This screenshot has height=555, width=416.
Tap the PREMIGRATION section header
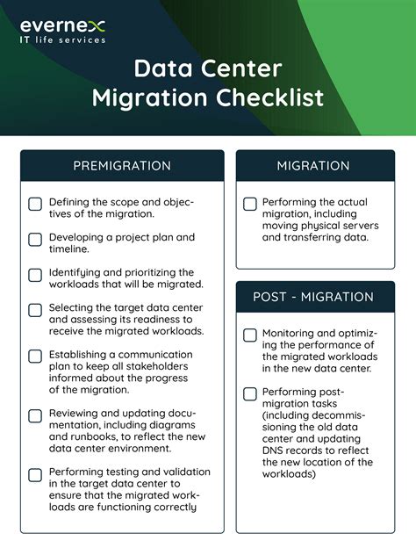coord(122,165)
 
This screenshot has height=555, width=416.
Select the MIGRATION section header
coord(313,165)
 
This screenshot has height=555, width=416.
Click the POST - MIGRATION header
coord(314,297)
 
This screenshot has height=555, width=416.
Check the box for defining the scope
coord(35,205)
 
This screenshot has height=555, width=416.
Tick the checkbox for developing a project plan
coord(35,239)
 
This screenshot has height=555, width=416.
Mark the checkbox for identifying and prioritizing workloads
coord(35,275)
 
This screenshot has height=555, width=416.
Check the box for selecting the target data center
coord(35,310)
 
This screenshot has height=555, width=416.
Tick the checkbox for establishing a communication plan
coord(35,357)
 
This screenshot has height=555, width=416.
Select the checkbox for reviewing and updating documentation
coord(35,416)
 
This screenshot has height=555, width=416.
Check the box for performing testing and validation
coord(35,475)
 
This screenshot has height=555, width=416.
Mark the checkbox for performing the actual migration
coord(250,204)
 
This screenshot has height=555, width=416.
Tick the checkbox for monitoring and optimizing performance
coord(250,335)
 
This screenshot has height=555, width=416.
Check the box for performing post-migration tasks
coord(250,393)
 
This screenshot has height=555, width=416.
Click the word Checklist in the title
coord(271,96)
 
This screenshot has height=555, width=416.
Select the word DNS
coord(276,450)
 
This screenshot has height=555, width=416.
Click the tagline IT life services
coord(62,40)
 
